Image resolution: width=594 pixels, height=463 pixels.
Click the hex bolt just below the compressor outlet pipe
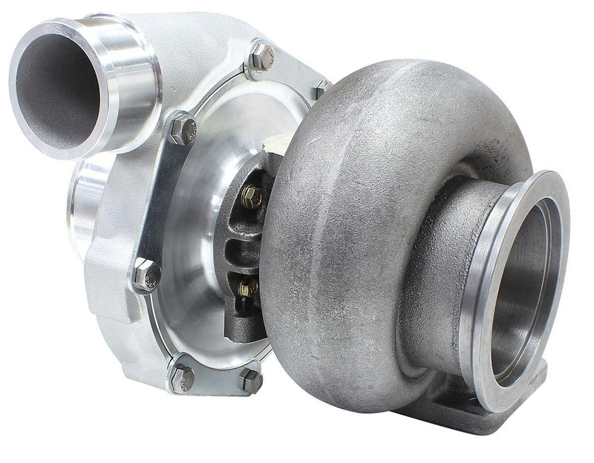[182, 129]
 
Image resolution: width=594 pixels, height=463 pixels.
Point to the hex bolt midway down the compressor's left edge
[146, 274]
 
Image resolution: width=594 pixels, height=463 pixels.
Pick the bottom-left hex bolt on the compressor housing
[180, 377]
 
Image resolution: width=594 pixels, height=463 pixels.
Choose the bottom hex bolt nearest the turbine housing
[250, 380]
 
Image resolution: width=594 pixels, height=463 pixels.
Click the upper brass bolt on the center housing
[251, 196]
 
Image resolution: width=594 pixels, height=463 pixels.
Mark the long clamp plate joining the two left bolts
[160, 200]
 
